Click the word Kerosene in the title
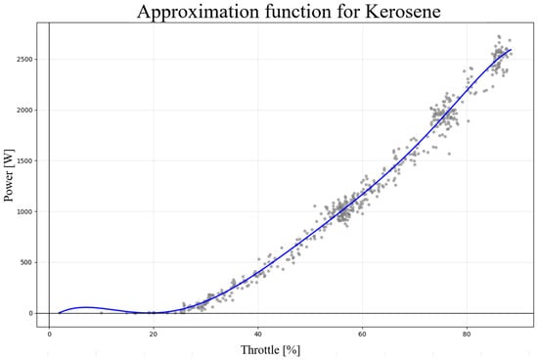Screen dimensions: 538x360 (x=403, y=11)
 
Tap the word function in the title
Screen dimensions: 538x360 (x=297, y=11)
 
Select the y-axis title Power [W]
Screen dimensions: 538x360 (x=9, y=175)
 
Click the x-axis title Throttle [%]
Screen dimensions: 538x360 (x=270, y=350)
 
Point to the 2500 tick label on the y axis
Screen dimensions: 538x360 (x=24, y=60)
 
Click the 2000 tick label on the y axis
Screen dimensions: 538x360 (x=24, y=111)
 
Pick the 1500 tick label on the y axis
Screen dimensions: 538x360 (x=24, y=161)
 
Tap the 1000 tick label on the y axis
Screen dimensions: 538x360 (x=24, y=211)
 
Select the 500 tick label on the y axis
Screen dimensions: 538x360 (x=26, y=262)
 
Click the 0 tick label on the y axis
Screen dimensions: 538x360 (x=31, y=313)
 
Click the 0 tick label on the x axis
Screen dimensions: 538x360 (x=50, y=335)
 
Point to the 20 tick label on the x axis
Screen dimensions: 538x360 (x=154, y=335)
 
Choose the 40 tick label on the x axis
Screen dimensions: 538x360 (x=258, y=335)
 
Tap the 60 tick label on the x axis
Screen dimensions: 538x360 (x=362, y=335)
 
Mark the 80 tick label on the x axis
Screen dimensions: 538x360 (x=467, y=335)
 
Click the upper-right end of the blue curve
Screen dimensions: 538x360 (x=512, y=50)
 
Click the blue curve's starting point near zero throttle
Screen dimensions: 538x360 (x=59, y=313)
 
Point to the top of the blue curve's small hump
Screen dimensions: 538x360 (x=85, y=307)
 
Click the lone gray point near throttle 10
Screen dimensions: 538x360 (x=101, y=313)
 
